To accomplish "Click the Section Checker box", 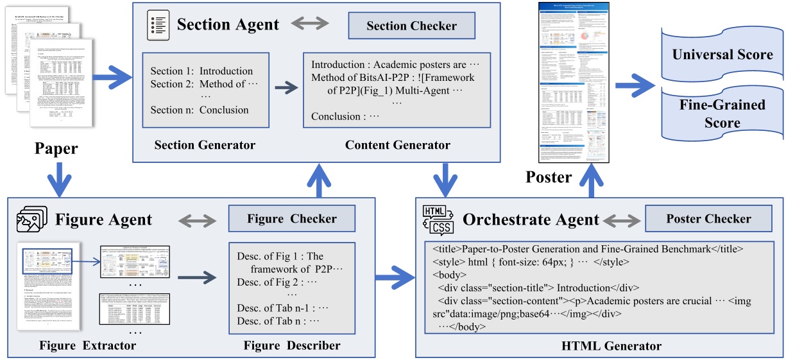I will tap(411, 26).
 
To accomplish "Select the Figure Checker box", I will tap(291, 219).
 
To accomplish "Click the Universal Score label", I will tap(722, 55).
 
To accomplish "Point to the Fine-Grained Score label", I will tap(722, 113).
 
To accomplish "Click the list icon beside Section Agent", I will tap(158, 24).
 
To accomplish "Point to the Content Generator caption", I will tap(397, 145).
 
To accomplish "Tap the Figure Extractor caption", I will tap(87, 346).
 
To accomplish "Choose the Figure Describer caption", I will tap(292, 346).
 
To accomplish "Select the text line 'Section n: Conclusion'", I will tap(200, 110).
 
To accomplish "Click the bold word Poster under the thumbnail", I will tap(548, 176).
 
